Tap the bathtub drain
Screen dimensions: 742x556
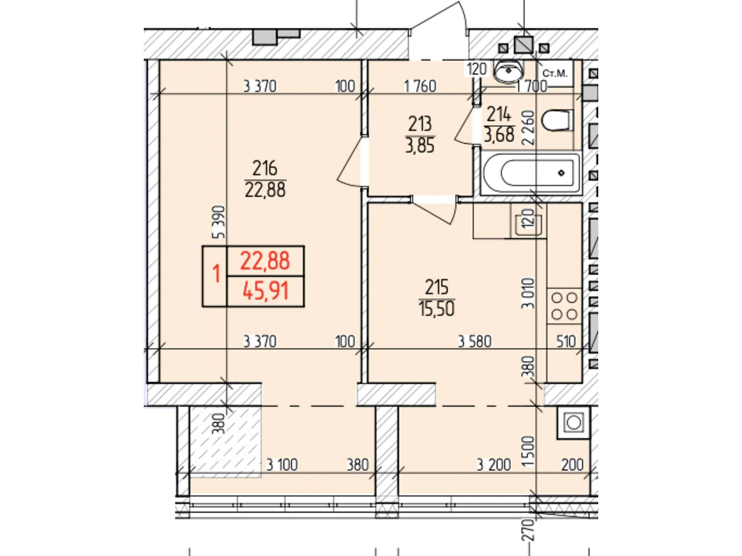pyautogui.click(x=561, y=173)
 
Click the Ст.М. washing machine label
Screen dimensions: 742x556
pyautogui.click(x=555, y=73)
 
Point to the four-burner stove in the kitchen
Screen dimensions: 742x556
pyautogui.click(x=564, y=306)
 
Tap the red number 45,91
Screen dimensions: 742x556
pyautogui.click(x=266, y=291)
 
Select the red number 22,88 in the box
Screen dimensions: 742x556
pyautogui.click(x=265, y=261)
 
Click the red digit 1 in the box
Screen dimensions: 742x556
pyautogui.click(x=217, y=274)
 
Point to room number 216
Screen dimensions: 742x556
pyautogui.click(x=265, y=168)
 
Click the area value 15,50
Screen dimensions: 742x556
pyautogui.click(x=436, y=309)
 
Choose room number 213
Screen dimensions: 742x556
pyautogui.click(x=420, y=124)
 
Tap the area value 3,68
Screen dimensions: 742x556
pyautogui.click(x=499, y=135)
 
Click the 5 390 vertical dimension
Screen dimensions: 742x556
pyautogui.click(x=219, y=222)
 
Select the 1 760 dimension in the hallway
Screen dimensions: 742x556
pyautogui.click(x=420, y=87)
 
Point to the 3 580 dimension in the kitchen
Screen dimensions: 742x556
pyautogui.click(x=474, y=341)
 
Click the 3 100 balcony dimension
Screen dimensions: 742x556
pyautogui.click(x=282, y=465)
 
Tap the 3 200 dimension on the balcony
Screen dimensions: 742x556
pyautogui.click(x=493, y=465)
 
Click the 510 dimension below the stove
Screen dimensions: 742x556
pyautogui.click(x=566, y=341)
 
